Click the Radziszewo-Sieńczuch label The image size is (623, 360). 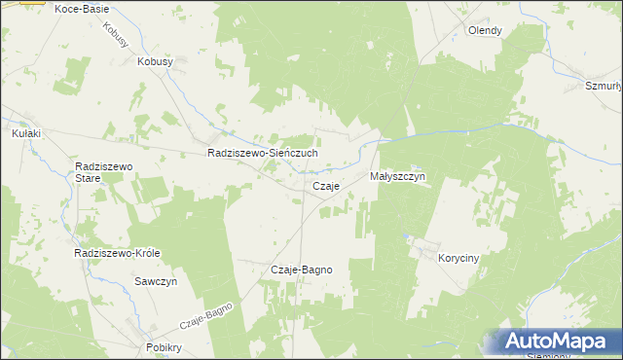pyautogui.click(x=263, y=154)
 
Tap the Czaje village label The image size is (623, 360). pyautogui.click(x=325, y=186)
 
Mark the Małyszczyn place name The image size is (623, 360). pyautogui.click(x=398, y=177)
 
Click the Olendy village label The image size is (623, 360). pyautogui.click(x=485, y=30)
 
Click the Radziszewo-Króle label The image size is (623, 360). pyautogui.click(x=117, y=253)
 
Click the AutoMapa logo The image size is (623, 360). pyautogui.click(x=554, y=342)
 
